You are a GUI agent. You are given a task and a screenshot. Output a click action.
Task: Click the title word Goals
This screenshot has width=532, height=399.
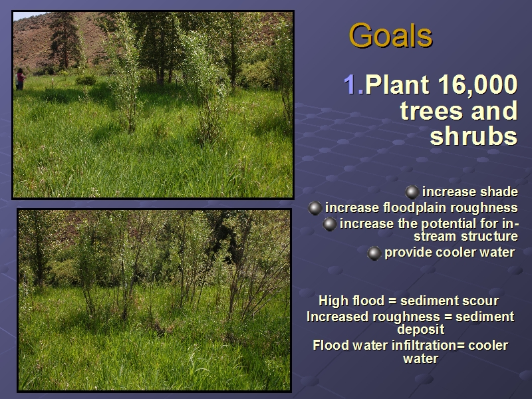(390, 36)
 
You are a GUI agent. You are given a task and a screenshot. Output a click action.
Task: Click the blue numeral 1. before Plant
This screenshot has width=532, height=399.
(354, 84)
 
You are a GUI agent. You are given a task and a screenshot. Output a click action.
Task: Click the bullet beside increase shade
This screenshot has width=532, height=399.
(412, 192)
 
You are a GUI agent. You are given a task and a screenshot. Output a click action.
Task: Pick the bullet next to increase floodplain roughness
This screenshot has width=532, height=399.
(315, 208)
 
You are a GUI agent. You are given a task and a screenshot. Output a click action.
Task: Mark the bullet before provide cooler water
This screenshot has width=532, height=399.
(374, 253)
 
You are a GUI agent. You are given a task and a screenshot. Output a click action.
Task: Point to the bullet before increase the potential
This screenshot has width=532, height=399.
(329, 224)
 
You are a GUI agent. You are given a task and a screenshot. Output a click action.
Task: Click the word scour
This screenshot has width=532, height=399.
(483, 301)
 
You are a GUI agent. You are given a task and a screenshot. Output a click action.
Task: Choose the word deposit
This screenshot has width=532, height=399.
(421, 329)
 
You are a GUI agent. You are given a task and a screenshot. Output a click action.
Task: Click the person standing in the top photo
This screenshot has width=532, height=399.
(21, 79)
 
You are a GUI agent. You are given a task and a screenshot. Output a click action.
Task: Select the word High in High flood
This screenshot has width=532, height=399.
(334, 301)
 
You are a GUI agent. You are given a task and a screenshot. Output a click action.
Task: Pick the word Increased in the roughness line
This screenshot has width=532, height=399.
(337, 317)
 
